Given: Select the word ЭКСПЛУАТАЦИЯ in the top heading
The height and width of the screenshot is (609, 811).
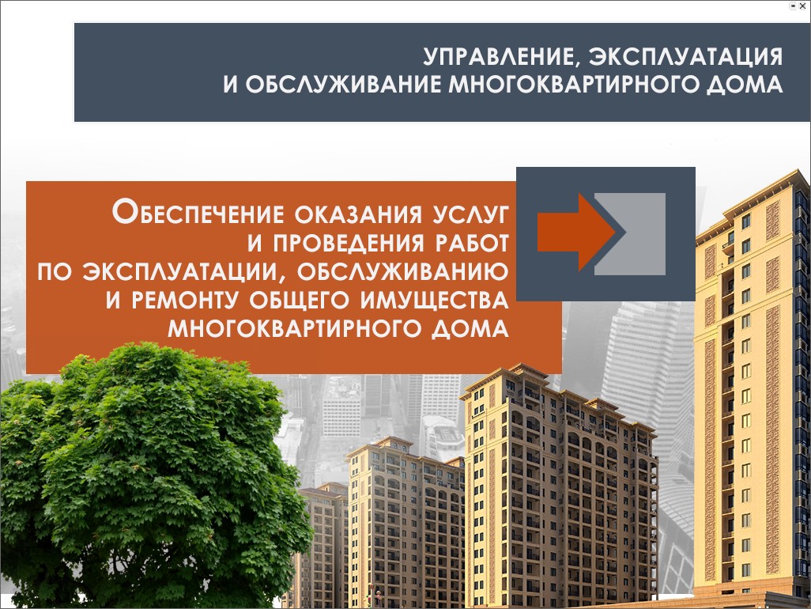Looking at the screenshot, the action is (686, 56).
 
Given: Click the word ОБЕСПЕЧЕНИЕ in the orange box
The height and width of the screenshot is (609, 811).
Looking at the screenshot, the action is (198, 213).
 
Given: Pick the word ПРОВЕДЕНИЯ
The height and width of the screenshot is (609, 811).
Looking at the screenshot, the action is (349, 243).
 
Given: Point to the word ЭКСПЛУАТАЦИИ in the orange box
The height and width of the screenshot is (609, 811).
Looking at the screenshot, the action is (183, 272).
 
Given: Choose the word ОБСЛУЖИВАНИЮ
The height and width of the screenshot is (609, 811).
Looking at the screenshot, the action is (403, 271).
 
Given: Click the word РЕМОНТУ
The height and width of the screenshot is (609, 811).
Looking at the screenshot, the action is (186, 300).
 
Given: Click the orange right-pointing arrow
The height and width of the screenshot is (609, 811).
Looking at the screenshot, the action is (576, 233).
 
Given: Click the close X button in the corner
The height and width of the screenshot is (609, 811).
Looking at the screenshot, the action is (803, 6).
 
